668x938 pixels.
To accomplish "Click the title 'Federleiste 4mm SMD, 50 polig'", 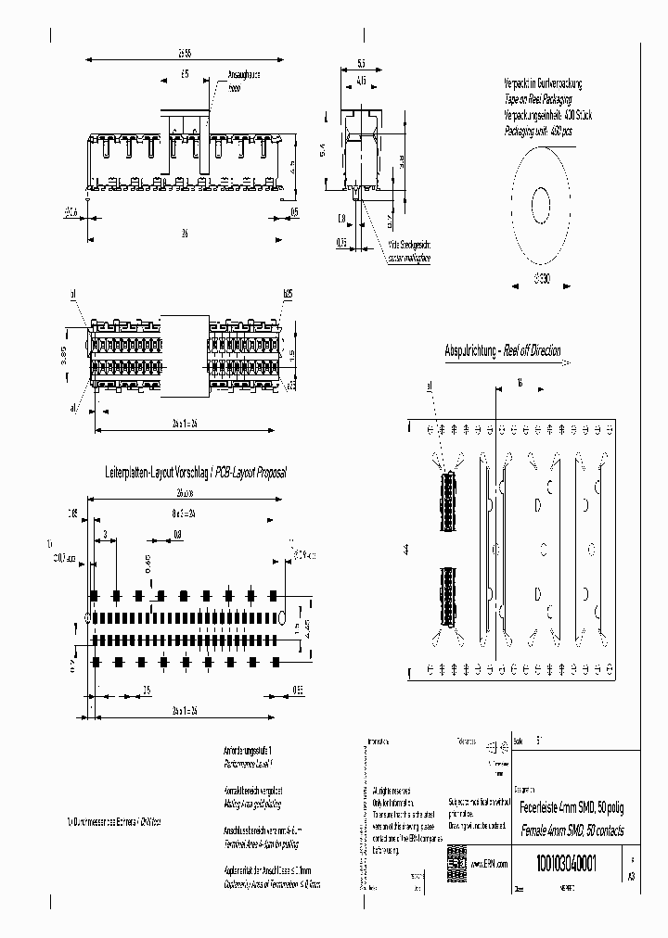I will (569, 806).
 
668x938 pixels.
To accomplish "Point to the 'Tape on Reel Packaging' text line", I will (537, 98).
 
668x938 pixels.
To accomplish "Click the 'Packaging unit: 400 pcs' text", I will (538, 132).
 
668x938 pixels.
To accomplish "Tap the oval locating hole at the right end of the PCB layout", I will (283, 616).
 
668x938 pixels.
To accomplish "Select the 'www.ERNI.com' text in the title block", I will (488, 862).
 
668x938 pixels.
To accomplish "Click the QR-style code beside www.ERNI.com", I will (456, 857).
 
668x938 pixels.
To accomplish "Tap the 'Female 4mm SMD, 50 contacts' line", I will (570, 829).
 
